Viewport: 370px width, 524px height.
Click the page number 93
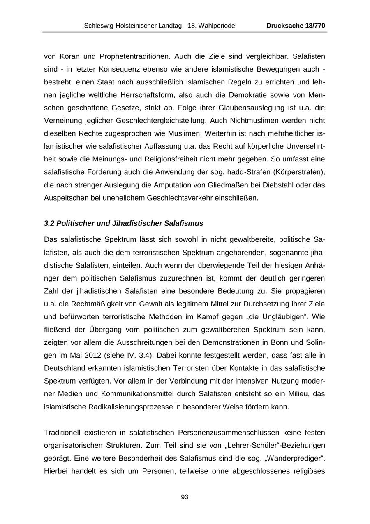(x=185, y=497)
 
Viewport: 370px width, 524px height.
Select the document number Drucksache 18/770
(x=296, y=26)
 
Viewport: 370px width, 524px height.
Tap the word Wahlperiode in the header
(x=217, y=26)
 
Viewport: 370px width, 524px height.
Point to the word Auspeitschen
(x=65, y=198)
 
